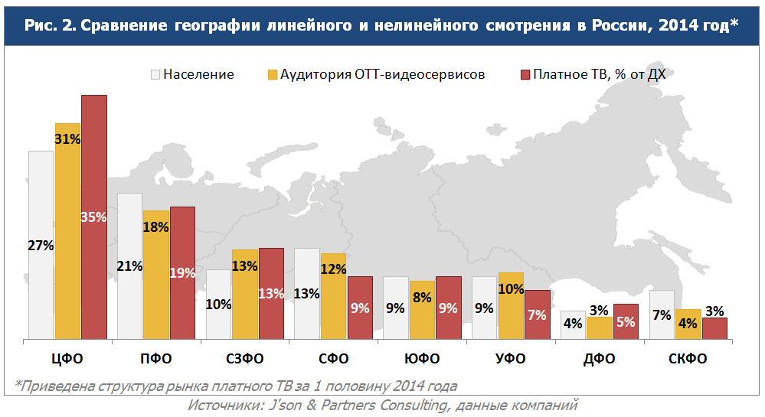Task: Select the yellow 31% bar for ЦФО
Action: tap(67, 230)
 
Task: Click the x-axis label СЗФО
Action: tap(245, 359)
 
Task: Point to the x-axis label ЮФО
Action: tap(422, 359)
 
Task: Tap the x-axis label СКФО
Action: tap(688, 359)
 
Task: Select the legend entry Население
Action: tap(198, 74)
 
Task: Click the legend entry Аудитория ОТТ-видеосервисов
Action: tap(382, 74)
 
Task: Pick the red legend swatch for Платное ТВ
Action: tap(525, 74)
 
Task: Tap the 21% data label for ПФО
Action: tap(129, 266)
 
